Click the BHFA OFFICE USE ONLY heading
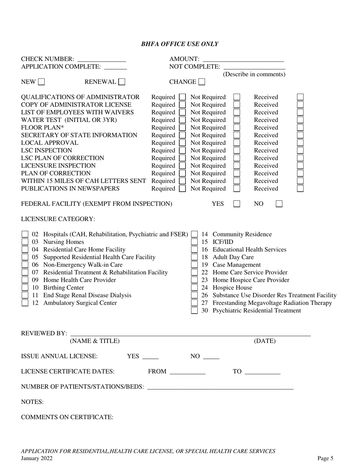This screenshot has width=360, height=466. (x=180, y=44)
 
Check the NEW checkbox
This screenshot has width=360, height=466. (x=41, y=82)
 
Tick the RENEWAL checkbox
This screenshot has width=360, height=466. (x=122, y=82)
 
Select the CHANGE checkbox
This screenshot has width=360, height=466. (x=202, y=82)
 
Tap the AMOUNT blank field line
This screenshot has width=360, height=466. (x=243, y=59)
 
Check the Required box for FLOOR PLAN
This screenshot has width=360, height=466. (x=182, y=128)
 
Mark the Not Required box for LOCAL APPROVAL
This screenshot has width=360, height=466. (x=237, y=143)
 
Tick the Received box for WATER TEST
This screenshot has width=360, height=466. (x=300, y=120)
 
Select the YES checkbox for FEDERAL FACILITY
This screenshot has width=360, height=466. (x=237, y=204)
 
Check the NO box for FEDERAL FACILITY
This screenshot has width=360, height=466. (x=279, y=204)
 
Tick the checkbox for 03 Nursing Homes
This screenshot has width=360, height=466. (x=25, y=242)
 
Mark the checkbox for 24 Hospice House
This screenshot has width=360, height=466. (x=194, y=288)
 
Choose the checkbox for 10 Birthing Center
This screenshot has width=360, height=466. (x=25, y=288)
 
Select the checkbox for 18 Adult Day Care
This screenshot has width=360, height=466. (x=194, y=257)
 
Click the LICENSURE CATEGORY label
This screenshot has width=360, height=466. (x=58, y=219)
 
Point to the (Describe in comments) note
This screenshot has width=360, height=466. (x=254, y=74)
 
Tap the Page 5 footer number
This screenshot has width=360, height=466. (x=325, y=458)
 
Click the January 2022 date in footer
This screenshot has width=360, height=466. (x=37, y=458)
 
